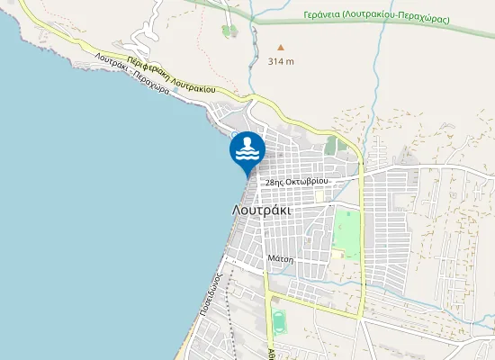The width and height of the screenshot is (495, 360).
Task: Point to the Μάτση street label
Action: click(x=280, y=257)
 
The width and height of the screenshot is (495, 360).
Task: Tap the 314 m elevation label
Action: click(x=281, y=61)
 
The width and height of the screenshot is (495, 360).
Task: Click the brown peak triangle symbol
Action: click(x=280, y=48)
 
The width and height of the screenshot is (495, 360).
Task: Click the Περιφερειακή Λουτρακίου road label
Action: click(x=170, y=76)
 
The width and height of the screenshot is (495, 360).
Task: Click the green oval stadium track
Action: click(x=279, y=319)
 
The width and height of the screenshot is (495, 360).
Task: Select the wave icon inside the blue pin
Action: click(x=247, y=156)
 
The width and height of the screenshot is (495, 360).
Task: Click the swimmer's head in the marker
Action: click(x=247, y=140)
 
